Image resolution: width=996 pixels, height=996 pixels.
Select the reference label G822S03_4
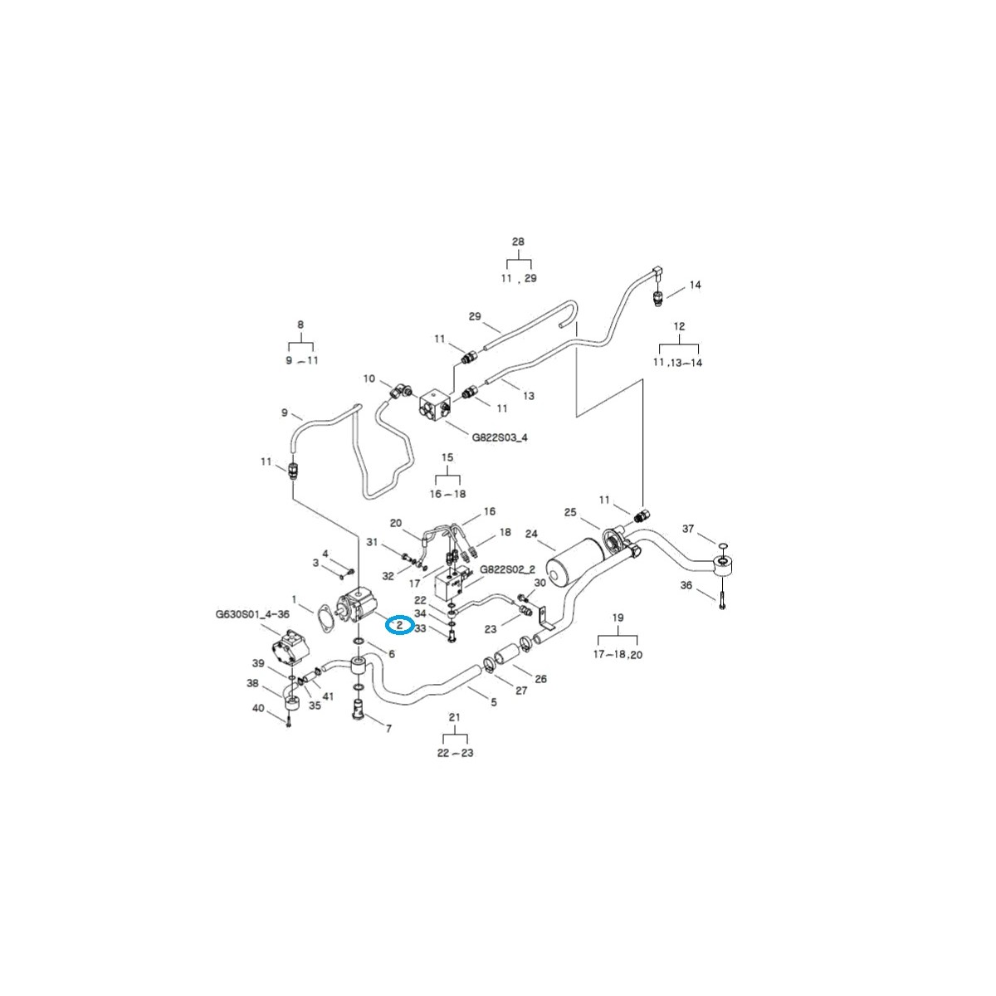pyautogui.click(x=500, y=437)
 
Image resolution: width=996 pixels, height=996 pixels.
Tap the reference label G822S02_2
pyautogui.click(x=508, y=569)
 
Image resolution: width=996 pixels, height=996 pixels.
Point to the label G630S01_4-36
pyautogui.click(x=252, y=614)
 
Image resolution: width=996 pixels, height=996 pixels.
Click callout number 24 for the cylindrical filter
pyautogui.click(x=531, y=534)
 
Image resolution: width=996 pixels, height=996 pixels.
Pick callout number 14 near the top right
pyautogui.click(x=695, y=285)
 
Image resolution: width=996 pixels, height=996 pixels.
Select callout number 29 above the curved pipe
pyautogui.click(x=475, y=316)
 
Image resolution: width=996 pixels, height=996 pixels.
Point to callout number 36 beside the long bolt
pyautogui.click(x=686, y=586)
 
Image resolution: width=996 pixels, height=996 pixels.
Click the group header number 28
pyautogui.click(x=518, y=242)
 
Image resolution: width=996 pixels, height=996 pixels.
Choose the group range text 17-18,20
pyautogui.click(x=618, y=654)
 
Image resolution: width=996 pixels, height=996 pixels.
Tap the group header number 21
pyautogui.click(x=454, y=717)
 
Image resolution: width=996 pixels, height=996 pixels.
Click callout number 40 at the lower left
pyautogui.click(x=258, y=708)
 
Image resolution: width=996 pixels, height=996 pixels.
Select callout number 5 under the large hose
pyautogui.click(x=494, y=702)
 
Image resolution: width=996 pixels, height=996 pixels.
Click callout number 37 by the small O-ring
pyautogui.click(x=687, y=529)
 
